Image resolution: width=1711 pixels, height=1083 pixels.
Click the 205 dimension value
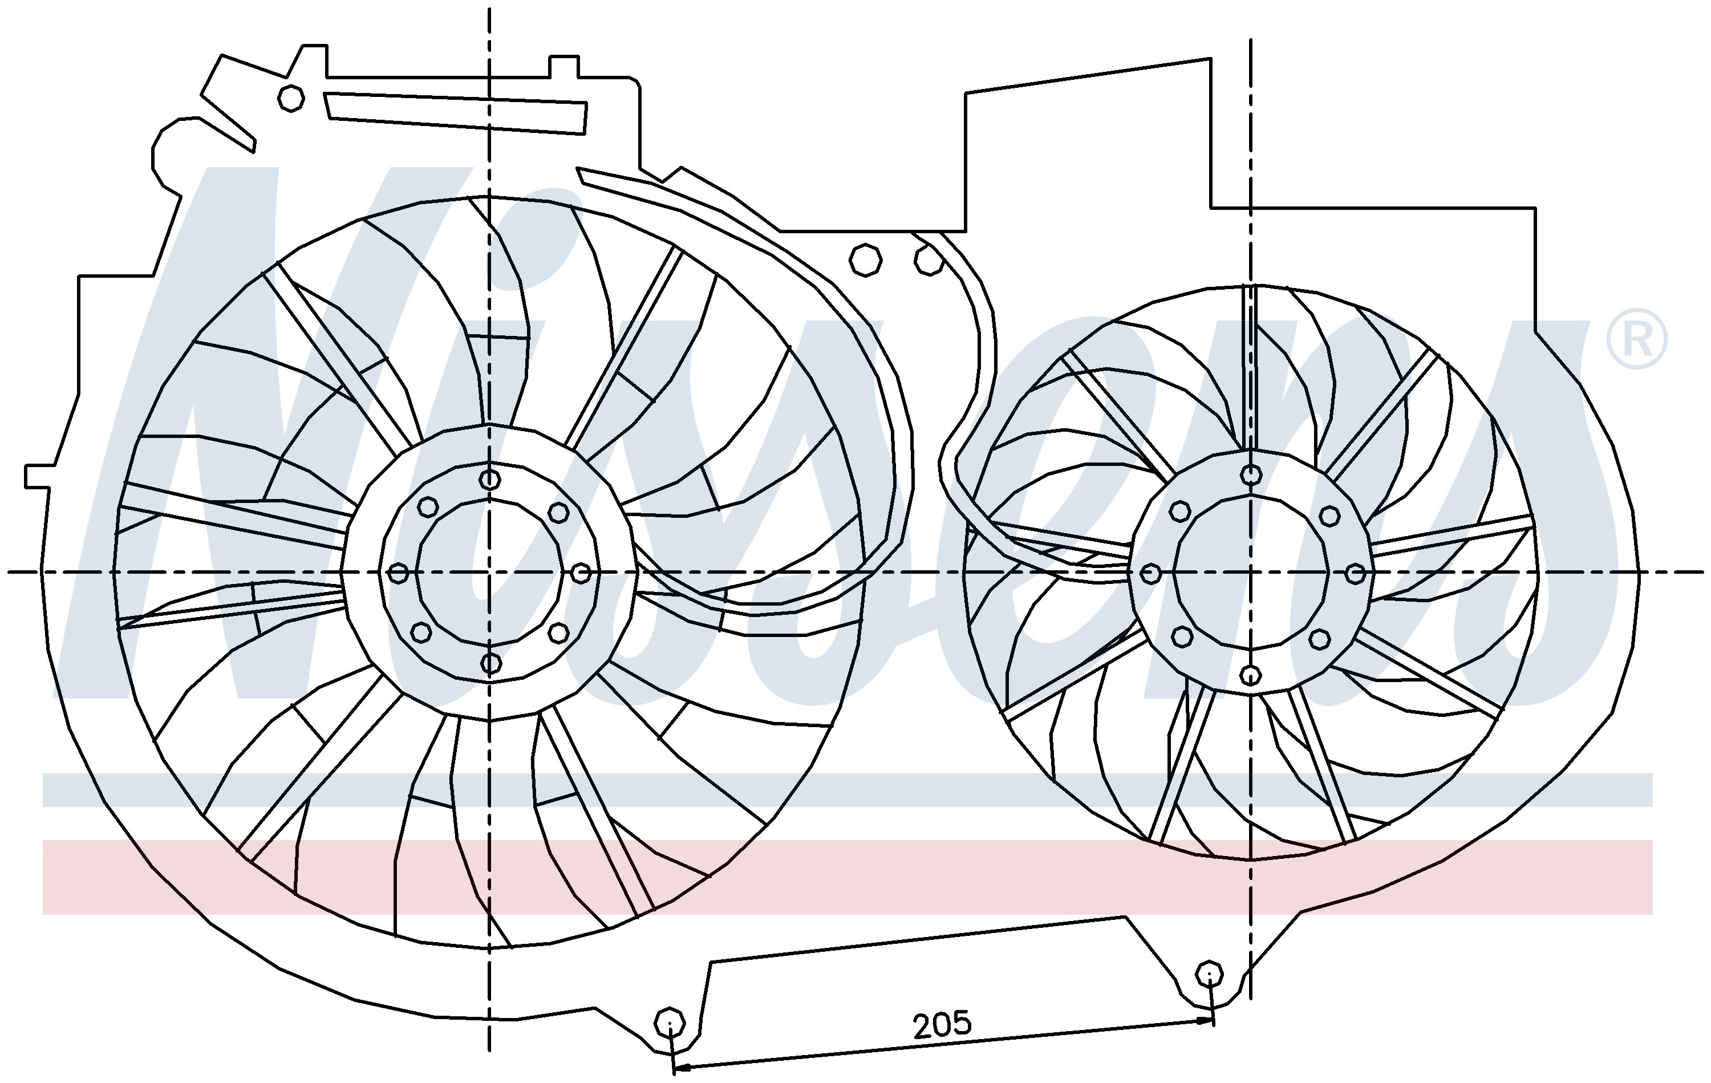click(x=942, y=1024)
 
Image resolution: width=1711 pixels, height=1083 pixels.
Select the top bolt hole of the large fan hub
click(x=489, y=479)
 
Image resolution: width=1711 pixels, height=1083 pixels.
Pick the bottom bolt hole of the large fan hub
click(x=490, y=664)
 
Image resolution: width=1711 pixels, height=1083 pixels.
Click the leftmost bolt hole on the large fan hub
click(x=399, y=572)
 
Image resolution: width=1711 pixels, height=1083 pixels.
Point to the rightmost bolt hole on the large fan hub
click(x=581, y=572)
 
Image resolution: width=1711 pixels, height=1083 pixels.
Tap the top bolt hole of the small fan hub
click(x=1251, y=474)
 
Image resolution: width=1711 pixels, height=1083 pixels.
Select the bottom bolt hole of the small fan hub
click(x=1251, y=675)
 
